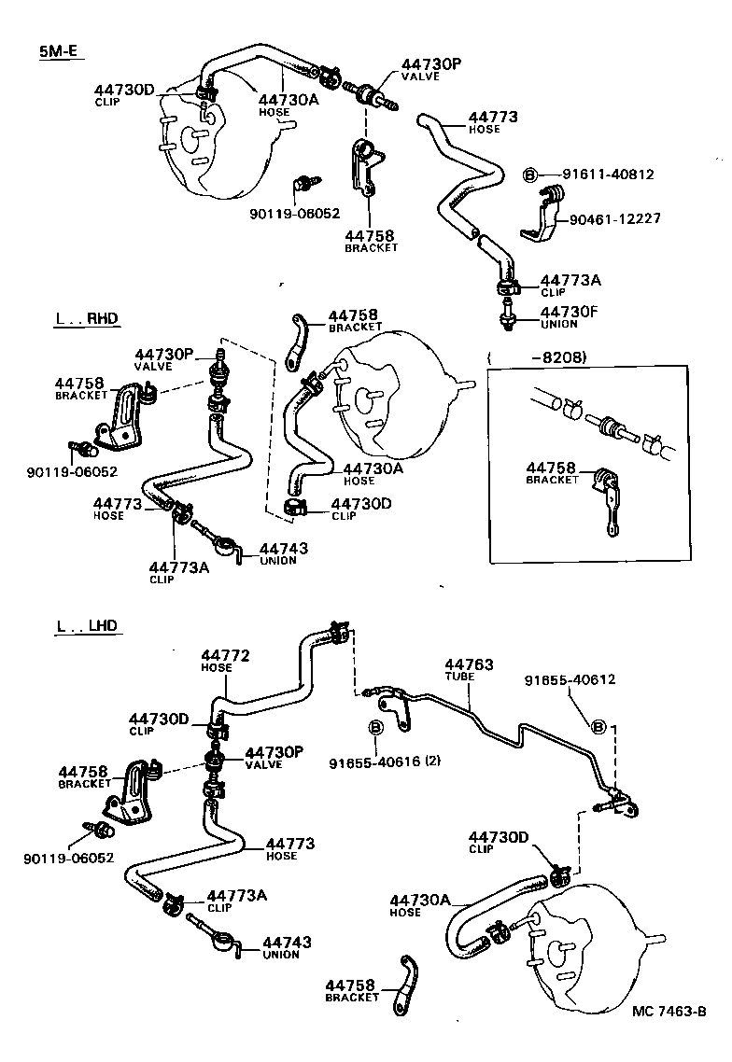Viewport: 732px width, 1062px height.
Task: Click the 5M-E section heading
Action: [58, 52]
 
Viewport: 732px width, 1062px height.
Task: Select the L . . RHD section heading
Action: [87, 319]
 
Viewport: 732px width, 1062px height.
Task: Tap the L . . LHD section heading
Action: [87, 626]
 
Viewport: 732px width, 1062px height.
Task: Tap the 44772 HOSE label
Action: [225, 661]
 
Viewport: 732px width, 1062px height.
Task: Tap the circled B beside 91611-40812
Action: [529, 175]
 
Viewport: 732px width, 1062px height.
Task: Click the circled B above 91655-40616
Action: [376, 728]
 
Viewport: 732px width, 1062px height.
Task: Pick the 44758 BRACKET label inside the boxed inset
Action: [553, 472]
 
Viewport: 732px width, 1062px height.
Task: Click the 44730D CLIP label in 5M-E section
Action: [123, 94]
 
